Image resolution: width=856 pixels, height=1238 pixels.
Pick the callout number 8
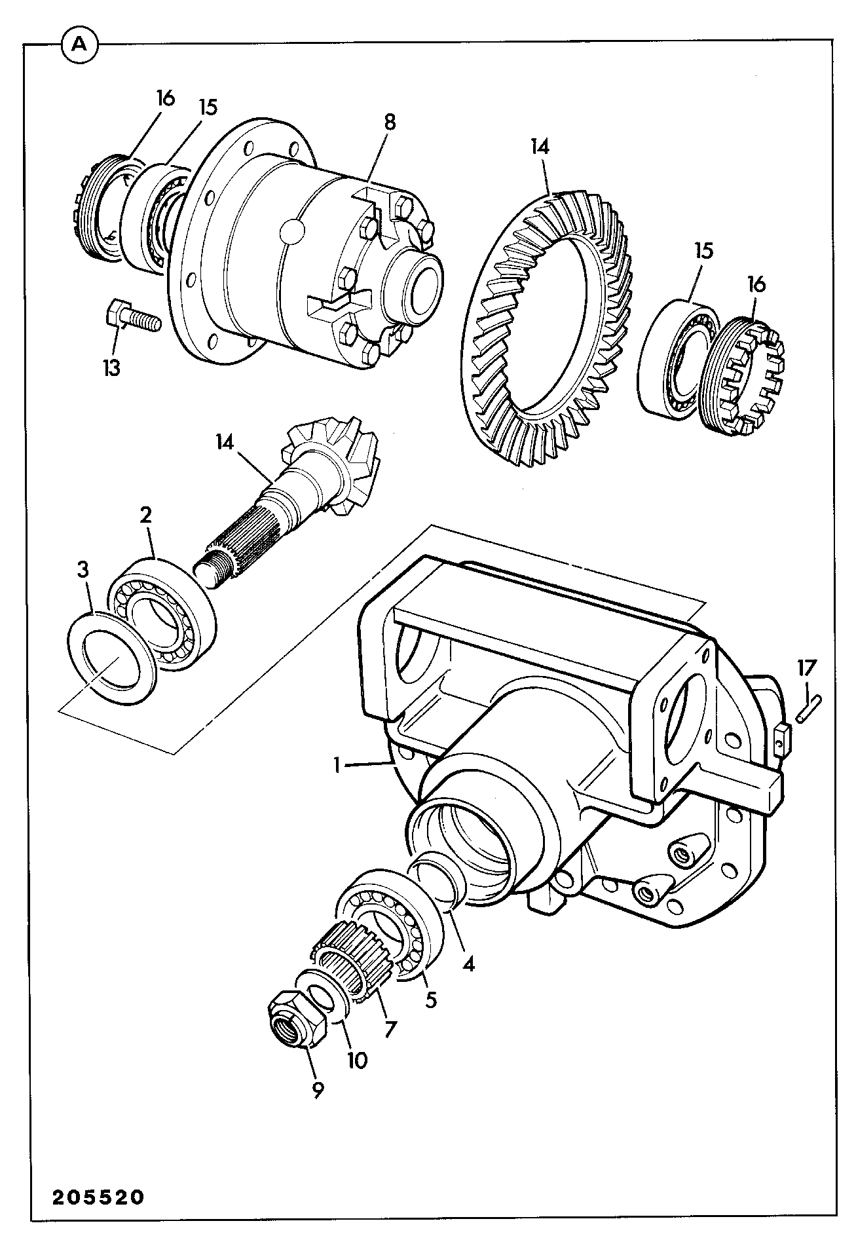pyautogui.click(x=390, y=122)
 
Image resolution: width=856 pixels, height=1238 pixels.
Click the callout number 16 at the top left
pyautogui.click(x=166, y=98)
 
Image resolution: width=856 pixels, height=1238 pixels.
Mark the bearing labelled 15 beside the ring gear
pyautogui.click(x=678, y=357)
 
